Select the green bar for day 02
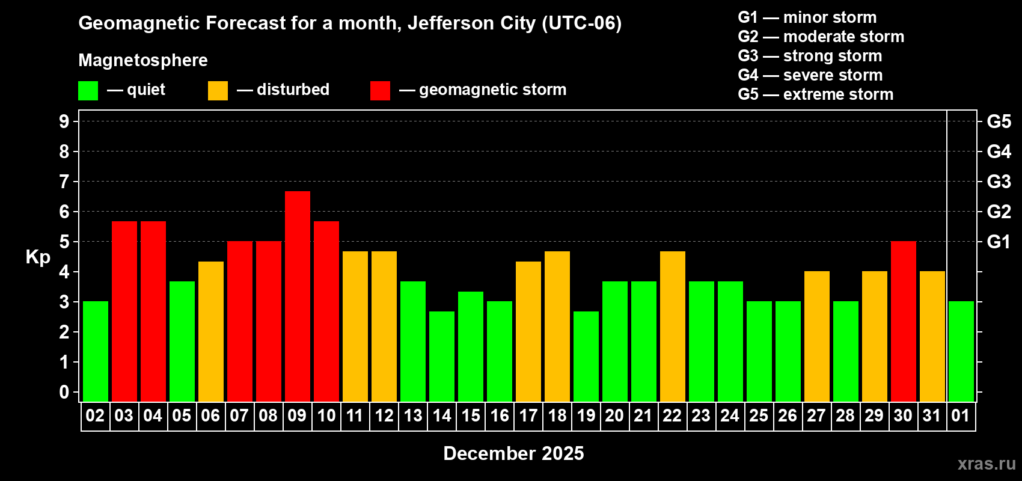96,351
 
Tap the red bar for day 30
904,321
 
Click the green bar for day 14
442,356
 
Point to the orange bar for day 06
211,331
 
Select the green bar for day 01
961,351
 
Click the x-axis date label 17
528,416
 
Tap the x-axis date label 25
759,416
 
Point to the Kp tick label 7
64,182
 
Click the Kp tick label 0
64,393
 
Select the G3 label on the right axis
999,182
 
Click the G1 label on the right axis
999,242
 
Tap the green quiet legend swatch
88,91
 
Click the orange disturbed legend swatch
218,91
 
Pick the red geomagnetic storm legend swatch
380,91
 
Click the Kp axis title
38,257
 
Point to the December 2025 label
513,453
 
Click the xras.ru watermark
987,464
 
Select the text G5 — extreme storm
815,94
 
